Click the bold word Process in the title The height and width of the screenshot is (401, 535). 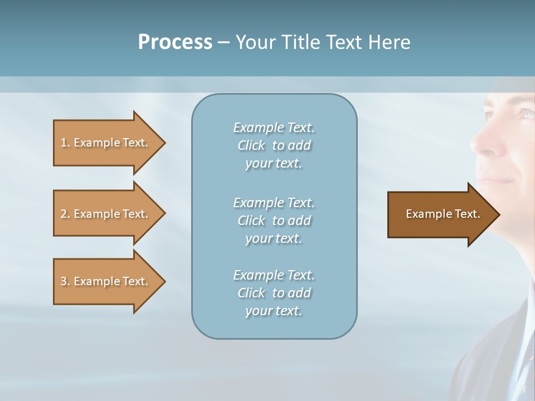[x=175, y=42]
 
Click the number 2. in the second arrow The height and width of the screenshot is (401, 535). [x=65, y=214]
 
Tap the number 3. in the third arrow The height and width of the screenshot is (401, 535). [x=65, y=281]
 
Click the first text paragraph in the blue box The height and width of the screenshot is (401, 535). [x=274, y=145]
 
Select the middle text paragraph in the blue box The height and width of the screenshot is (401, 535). [x=274, y=221]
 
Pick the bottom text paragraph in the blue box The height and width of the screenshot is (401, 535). [x=274, y=293]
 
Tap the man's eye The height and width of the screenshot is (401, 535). [x=526, y=114]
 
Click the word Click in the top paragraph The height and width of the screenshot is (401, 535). [x=251, y=145]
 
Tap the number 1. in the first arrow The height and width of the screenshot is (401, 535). [x=65, y=143]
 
